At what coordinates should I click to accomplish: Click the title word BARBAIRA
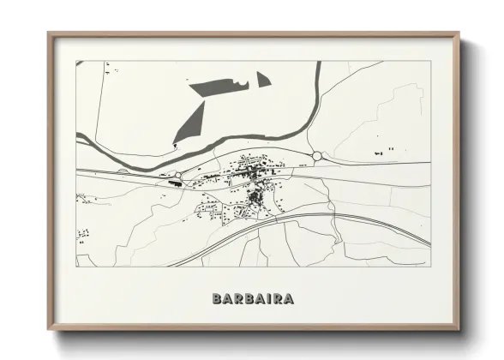point(253,299)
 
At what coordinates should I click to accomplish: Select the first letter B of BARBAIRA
point(217,299)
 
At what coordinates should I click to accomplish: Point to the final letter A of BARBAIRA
point(289,299)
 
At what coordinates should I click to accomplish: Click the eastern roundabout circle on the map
point(317,156)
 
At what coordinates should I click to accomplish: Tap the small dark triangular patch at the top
point(262,80)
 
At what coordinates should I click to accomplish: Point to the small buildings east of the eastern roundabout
point(382,152)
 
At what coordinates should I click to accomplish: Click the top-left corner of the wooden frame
point(49,34)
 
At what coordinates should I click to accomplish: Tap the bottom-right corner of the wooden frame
point(458,329)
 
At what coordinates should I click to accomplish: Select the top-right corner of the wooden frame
point(458,34)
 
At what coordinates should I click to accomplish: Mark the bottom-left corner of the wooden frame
point(49,329)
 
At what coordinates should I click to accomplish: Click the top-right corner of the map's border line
point(429,61)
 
